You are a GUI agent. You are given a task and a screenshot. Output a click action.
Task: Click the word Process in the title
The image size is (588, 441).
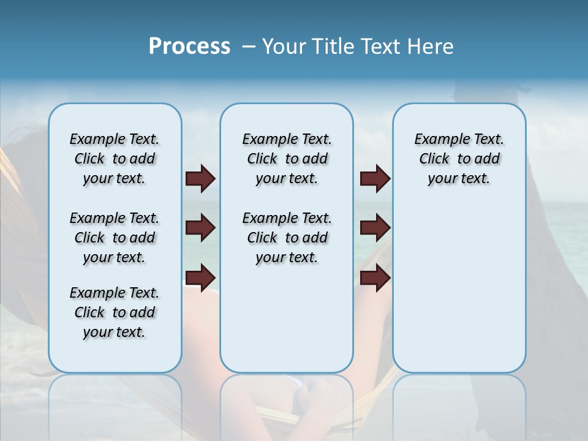coord(189,46)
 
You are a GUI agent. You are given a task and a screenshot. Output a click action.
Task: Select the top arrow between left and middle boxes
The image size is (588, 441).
coord(200,178)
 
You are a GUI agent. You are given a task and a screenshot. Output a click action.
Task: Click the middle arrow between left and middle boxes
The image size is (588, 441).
coord(200,228)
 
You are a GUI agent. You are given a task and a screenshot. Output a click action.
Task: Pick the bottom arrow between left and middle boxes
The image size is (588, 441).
coord(200,277)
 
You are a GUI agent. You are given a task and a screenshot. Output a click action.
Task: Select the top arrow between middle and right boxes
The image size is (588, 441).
coord(375,178)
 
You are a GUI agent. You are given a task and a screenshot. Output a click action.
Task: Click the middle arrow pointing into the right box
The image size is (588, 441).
coord(375,228)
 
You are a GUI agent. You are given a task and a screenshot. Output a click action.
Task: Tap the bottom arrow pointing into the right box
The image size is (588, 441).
coord(375,277)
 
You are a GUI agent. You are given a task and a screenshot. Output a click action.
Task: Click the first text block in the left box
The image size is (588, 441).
coord(115,159)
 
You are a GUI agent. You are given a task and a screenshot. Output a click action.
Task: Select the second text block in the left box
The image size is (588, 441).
coord(115,238)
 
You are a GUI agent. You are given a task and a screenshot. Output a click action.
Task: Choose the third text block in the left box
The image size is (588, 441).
coord(115,312)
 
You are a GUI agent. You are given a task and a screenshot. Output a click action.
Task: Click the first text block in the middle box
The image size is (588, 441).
coord(287,159)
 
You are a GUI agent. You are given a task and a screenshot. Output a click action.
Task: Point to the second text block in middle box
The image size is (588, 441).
coord(287,238)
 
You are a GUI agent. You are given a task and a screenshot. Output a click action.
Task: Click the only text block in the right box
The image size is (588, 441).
coord(459,159)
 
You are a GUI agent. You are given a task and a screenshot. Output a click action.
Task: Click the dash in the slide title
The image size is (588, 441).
coord(249,47)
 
